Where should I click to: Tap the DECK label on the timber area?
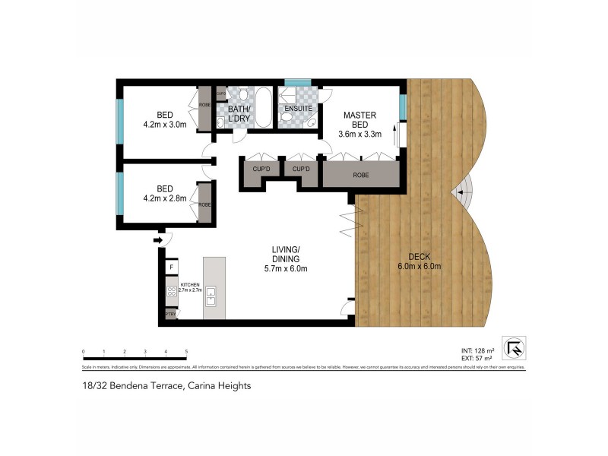point(419,256)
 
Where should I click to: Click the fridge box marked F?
point(172,267)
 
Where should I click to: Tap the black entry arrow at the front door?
point(158,241)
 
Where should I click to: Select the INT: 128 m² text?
point(477,350)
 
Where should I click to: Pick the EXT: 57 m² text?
point(477,357)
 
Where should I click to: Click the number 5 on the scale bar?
point(186,351)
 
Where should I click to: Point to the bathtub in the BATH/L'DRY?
point(263,109)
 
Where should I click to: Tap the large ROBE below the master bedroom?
point(361,174)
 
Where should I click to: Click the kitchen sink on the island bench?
point(211,296)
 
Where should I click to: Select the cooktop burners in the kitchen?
point(172,292)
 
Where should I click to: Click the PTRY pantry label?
point(171,315)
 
